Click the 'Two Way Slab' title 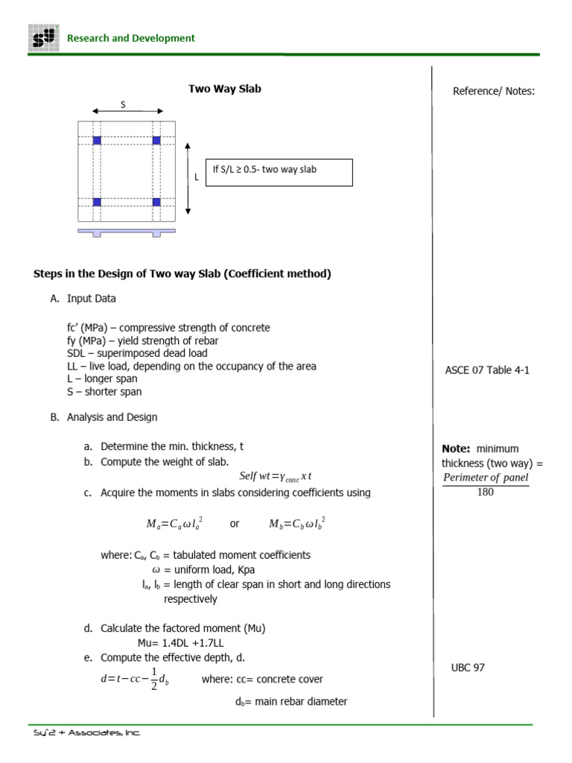click(224, 89)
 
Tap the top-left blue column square click(97, 140)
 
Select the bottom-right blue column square click(156, 202)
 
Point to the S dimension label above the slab click(123, 105)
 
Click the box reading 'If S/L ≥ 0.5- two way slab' click(278, 171)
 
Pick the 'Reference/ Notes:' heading click(494, 92)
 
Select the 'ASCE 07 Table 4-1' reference click(487, 370)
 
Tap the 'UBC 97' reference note click(468, 668)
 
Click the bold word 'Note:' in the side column click(456, 449)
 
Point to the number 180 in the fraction click(485, 493)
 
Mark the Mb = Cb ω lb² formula click(297, 525)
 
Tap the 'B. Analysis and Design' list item click(104, 417)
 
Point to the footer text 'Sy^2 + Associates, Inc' click(86, 733)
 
